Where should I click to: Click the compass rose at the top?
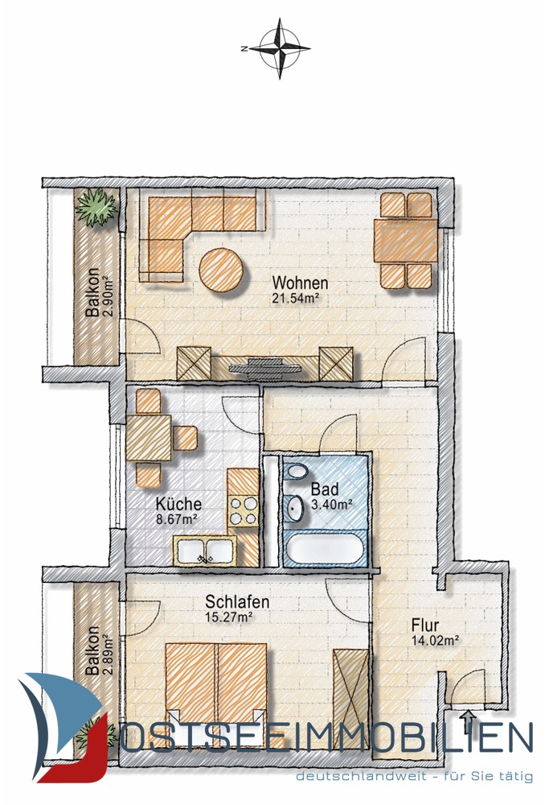(280, 49)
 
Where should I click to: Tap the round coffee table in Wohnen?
(221, 270)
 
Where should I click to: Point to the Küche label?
(178, 504)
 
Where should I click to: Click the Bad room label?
(325, 489)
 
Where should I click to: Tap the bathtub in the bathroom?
(325, 549)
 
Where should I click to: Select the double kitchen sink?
(204, 551)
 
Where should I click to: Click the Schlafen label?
(237, 601)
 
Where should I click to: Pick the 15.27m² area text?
(230, 617)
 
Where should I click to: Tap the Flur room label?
(425, 625)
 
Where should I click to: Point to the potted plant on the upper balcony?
(96, 207)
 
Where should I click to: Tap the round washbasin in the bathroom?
(295, 508)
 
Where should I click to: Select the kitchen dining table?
(149, 437)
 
